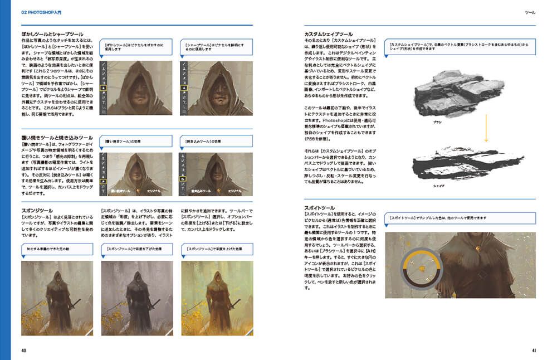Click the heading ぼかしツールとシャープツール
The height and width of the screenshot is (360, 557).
[x=52, y=35]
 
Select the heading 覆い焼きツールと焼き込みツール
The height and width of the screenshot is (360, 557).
[x=57, y=137]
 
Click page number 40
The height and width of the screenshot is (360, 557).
[x=24, y=351]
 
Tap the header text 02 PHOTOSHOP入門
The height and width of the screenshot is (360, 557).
[x=43, y=12]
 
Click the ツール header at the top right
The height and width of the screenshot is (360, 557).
[x=530, y=12]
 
